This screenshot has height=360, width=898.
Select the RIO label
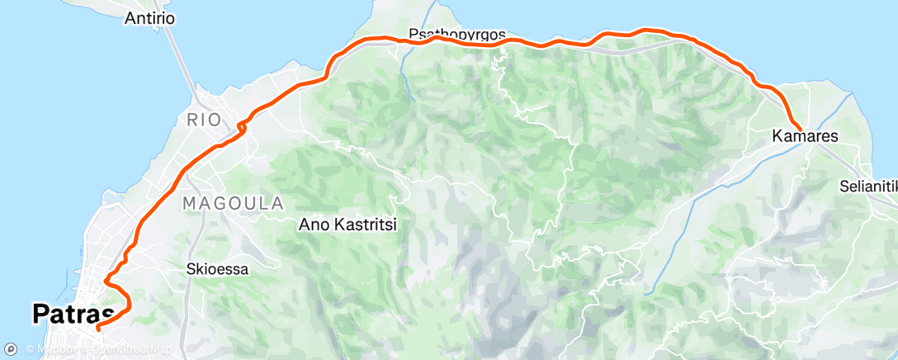pyautogui.click(x=204, y=120)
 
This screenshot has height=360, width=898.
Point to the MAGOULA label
pyautogui.click(x=233, y=202)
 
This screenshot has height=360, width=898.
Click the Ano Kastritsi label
pyautogui.click(x=347, y=224)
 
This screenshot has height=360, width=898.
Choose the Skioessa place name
pyautogui.click(x=218, y=268)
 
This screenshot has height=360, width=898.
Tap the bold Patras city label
pyautogui.click(x=73, y=315)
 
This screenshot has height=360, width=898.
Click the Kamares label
pyautogui.click(x=805, y=136)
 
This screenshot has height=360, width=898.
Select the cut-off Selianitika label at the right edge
pyautogui.click(x=868, y=186)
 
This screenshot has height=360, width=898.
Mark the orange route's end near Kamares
pyautogui.click(x=800, y=126)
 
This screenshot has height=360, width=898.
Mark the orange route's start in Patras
pyautogui.click(x=98, y=328)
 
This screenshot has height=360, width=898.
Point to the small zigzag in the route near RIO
pyautogui.click(x=241, y=126)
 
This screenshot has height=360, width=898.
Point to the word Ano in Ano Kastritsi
pyautogui.click(x=313, y=224)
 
